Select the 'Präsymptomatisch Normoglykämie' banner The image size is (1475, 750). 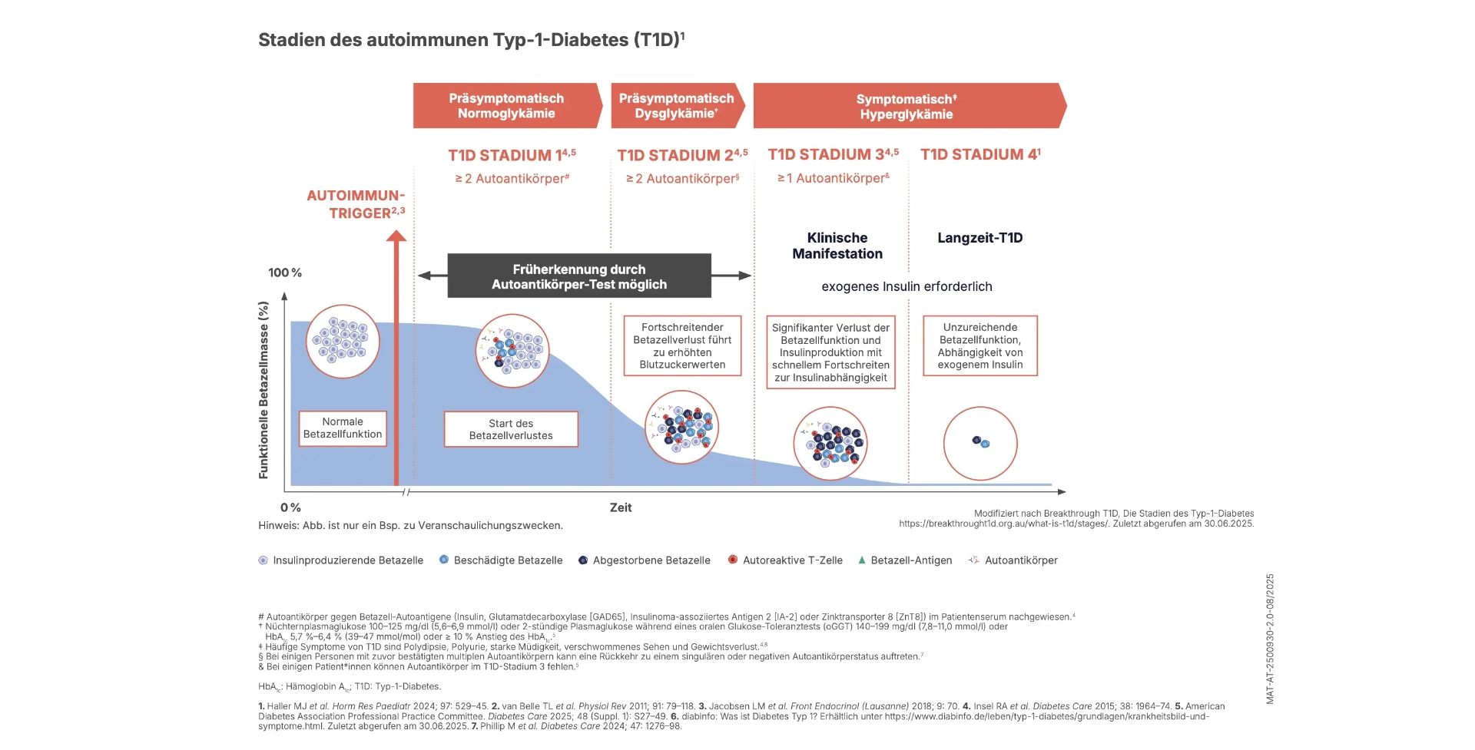506,106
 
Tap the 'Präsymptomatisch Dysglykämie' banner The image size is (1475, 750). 676,106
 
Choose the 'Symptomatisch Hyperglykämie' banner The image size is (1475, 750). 907,107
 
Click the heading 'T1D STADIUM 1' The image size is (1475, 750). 512,155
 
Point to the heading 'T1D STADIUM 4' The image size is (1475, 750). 980,154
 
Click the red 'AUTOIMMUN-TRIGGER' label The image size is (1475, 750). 356,204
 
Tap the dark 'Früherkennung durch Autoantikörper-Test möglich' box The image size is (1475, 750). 579,276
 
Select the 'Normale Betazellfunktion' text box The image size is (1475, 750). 343,428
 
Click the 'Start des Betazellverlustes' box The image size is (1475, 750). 511,429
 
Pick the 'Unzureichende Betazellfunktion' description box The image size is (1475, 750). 980,345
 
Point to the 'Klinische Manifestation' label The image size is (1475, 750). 837,246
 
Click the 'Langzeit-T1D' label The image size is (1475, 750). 980,238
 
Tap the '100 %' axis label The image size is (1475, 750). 285,273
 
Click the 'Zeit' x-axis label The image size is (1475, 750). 621,507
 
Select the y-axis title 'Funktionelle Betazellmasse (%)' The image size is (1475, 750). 264,390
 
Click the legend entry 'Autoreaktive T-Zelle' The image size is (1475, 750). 792,560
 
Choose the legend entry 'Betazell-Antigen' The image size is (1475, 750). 910,560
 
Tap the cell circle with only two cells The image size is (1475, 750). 980,443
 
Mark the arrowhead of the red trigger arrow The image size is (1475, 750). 396,236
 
